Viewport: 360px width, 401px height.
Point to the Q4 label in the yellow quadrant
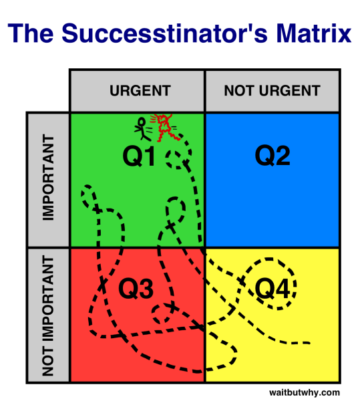(273, 288)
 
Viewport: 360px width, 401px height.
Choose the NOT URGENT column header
(272, 90)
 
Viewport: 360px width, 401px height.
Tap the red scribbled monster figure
(163, 125)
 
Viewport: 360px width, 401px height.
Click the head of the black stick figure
(141, 121)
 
